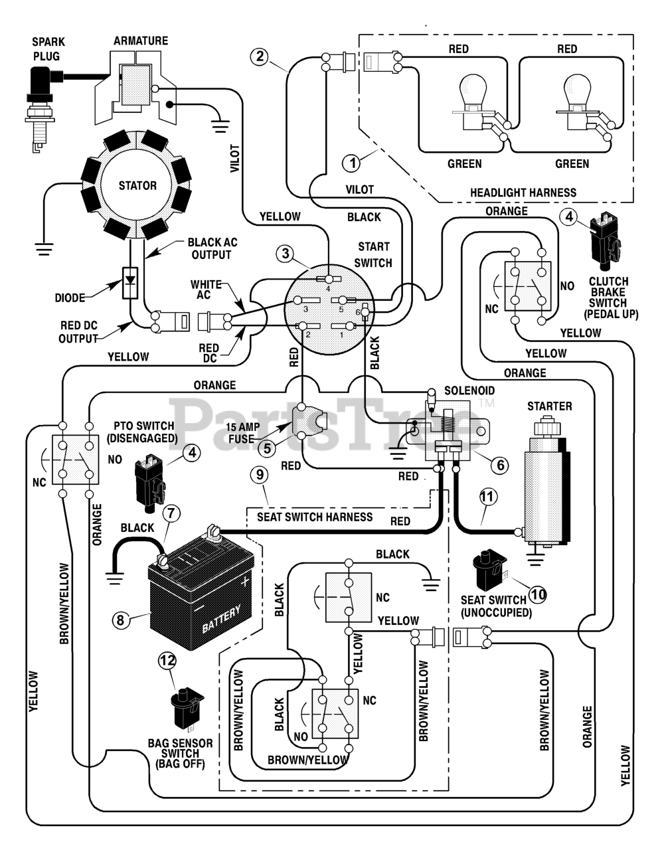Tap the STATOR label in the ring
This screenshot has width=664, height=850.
coord(137,185)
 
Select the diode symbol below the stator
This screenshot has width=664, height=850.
coord(130,283)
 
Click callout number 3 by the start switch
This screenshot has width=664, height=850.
coord(286,254)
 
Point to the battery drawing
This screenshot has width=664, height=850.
coord(201,606)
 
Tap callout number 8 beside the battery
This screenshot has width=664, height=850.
coord(120,620)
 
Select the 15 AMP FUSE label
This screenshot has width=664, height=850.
coord(243,432)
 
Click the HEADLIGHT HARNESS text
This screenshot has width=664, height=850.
coord(523,193)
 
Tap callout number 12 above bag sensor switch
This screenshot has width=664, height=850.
coord(167,661)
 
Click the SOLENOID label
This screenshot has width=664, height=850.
coord(469,390)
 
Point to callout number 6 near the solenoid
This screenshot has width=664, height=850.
coord(500,465)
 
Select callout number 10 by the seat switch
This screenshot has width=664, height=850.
coord(538,594)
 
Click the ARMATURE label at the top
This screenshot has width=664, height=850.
coord(141,41)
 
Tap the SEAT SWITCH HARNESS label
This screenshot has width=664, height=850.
coord(315,517)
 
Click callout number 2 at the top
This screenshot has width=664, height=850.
coord(260,56)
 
